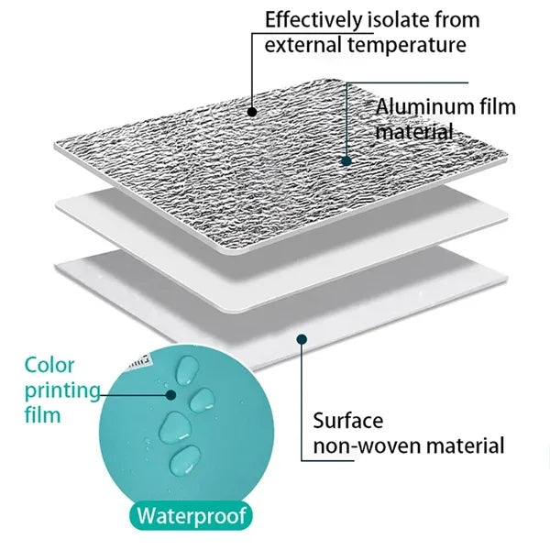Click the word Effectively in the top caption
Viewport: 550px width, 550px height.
pos(313,20)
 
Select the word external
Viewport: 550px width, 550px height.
pos(302,45)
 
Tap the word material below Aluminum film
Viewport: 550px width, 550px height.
pos(414,132)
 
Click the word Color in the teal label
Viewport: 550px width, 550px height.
pos(49,365)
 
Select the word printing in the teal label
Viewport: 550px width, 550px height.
pos(62,391)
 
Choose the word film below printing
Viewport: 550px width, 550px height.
pos(42,415)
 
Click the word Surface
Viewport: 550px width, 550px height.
pos(348,420)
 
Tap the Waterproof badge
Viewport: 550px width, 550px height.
pos(191,515)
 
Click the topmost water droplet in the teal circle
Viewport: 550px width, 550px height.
pos(187,370)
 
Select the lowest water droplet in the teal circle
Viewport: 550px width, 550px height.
pos(185,459)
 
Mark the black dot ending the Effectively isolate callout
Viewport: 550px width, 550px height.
pos(252,112)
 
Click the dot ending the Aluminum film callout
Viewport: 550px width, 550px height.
pos(346,161)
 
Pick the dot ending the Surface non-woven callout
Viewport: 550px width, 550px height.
pos(302,339)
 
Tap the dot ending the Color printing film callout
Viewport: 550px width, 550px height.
pos(170,395)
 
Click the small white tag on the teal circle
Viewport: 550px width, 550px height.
pos(140,360)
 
